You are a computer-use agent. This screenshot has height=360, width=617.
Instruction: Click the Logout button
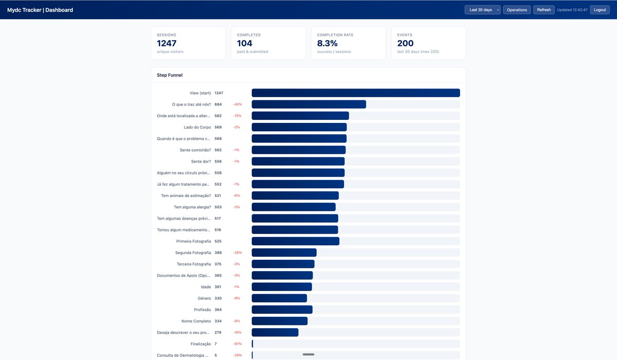600,10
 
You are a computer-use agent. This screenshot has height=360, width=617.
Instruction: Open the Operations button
517,10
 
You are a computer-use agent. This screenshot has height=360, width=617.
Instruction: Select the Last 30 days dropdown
483,10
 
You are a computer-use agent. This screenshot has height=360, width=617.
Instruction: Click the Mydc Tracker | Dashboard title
40,10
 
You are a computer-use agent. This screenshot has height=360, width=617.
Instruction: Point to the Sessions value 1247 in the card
167,43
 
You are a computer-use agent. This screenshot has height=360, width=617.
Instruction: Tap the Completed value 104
245,43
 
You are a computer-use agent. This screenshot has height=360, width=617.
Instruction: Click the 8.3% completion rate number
327,43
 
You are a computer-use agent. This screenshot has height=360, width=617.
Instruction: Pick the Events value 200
405,43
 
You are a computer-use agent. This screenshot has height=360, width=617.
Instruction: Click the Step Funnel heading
170,75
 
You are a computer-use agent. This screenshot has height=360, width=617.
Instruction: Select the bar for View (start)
356,93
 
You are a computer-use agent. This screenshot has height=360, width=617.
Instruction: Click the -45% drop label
238,104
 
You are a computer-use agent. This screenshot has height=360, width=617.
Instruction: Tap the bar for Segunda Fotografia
284,253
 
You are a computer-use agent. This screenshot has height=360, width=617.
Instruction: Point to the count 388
218,253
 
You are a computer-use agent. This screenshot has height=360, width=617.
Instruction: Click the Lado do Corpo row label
197,127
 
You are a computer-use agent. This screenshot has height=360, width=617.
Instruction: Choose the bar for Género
279,298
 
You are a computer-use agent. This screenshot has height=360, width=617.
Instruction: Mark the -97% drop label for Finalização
238,344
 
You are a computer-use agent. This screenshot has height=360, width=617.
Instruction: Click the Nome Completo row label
196,321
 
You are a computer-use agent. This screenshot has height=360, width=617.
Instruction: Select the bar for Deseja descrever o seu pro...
275,332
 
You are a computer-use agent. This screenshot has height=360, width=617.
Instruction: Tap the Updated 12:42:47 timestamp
572,10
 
